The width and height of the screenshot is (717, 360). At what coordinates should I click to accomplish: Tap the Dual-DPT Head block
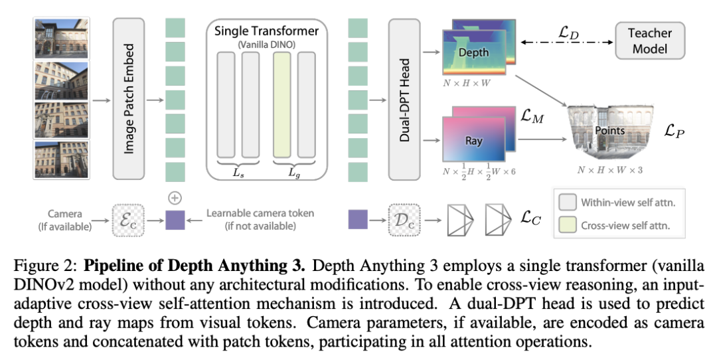click(405, 99)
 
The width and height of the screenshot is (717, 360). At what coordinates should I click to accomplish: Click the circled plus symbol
click(175, 197)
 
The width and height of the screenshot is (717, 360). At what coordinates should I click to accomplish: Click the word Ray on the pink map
click(473, 141)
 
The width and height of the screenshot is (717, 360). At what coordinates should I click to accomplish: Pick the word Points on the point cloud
click(609, 130)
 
